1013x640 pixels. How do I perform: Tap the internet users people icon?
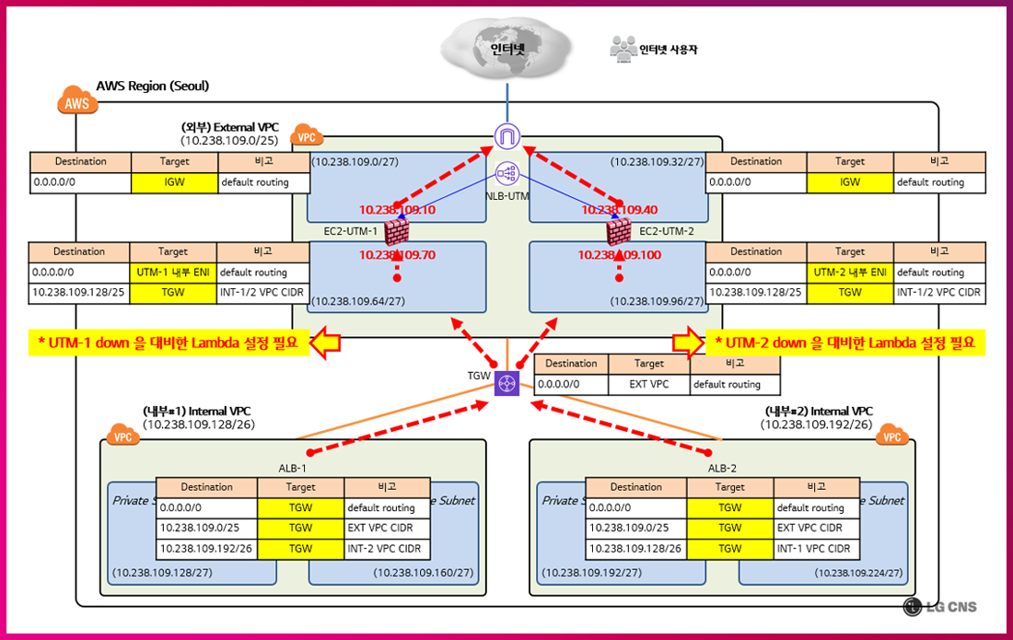point(623,49)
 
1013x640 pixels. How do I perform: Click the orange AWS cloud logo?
point(77,101)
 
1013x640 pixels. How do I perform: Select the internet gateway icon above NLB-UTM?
point(506,137)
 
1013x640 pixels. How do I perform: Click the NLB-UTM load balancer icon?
point(506,173)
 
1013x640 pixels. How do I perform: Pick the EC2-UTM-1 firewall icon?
point(397,230)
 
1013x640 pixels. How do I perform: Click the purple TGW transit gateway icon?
point(506,384)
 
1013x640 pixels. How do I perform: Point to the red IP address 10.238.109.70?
point(397,254)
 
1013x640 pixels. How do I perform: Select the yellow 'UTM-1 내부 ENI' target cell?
point(173,273)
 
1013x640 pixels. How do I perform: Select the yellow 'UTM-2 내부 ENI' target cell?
point(850,273)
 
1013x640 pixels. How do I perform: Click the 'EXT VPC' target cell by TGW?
point(648,384)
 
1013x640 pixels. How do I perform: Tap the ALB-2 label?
point(722,468)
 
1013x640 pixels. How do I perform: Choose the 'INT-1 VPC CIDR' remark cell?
point(817,549)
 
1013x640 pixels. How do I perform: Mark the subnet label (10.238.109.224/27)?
point(858,573)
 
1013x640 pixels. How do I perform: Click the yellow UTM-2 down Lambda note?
point(846,343)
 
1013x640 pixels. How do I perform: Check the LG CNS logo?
point(940,606)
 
